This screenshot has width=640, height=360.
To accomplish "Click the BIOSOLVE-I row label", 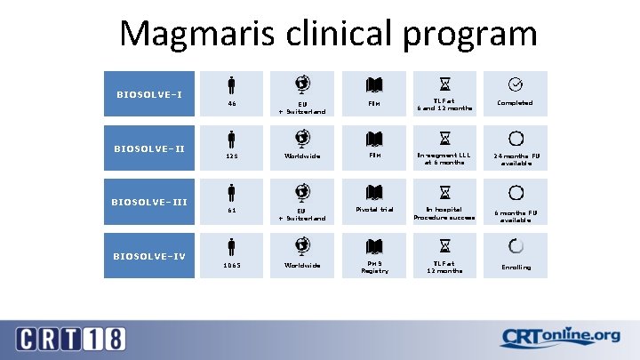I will point(149,94).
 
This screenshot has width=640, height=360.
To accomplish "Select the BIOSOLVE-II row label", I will point(149,148).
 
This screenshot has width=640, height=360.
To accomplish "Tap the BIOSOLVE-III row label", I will point(149,202).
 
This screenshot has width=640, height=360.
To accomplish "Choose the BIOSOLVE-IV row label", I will point(149,256).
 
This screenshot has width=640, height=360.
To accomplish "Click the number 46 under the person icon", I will point(231,103).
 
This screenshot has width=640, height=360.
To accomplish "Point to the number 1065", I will point(231,266).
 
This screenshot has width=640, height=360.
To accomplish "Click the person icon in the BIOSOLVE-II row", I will point(231,139).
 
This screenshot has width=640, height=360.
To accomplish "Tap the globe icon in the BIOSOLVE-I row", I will point(302,85).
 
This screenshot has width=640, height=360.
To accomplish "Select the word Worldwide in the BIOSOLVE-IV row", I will point(302,266).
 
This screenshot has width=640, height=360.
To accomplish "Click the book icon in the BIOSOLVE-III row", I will point(374,192).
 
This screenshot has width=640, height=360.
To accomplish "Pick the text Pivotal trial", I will point(374,210).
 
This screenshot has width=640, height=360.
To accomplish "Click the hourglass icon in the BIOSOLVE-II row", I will point(444,139).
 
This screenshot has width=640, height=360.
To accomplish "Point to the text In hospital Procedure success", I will point(444,213).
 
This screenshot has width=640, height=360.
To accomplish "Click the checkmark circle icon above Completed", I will point(515,84).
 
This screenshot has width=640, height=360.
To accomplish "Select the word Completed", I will point(515,103).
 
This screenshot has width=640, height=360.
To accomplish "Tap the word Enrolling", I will point(516,267).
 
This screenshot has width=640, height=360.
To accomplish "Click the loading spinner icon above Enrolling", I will point(516,246).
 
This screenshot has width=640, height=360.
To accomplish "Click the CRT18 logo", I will point(71,339).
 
